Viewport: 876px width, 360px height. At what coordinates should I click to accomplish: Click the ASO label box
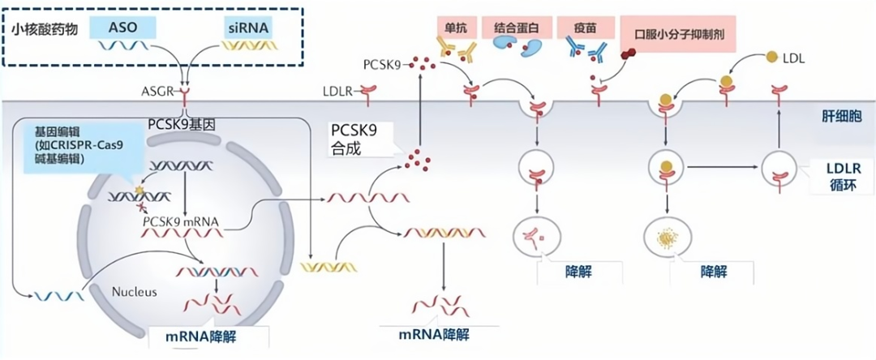tap(121, 28)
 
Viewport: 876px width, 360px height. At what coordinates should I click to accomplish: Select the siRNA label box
tap(247, 28)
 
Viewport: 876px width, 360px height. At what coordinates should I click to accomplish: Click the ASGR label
tap(157, 92)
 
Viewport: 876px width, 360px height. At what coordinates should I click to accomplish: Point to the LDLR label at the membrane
tap(338, 92)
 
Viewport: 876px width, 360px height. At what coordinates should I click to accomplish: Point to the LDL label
tap(797, 58)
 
